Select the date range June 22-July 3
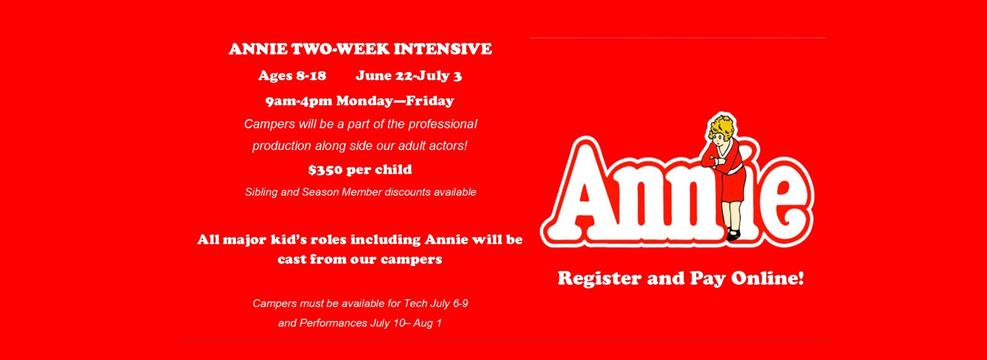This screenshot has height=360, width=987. coord(409,76)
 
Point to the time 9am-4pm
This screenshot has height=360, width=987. coord(299,101)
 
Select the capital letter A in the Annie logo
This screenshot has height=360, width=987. coord(590,190)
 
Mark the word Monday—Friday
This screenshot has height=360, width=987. coord(395,101)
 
